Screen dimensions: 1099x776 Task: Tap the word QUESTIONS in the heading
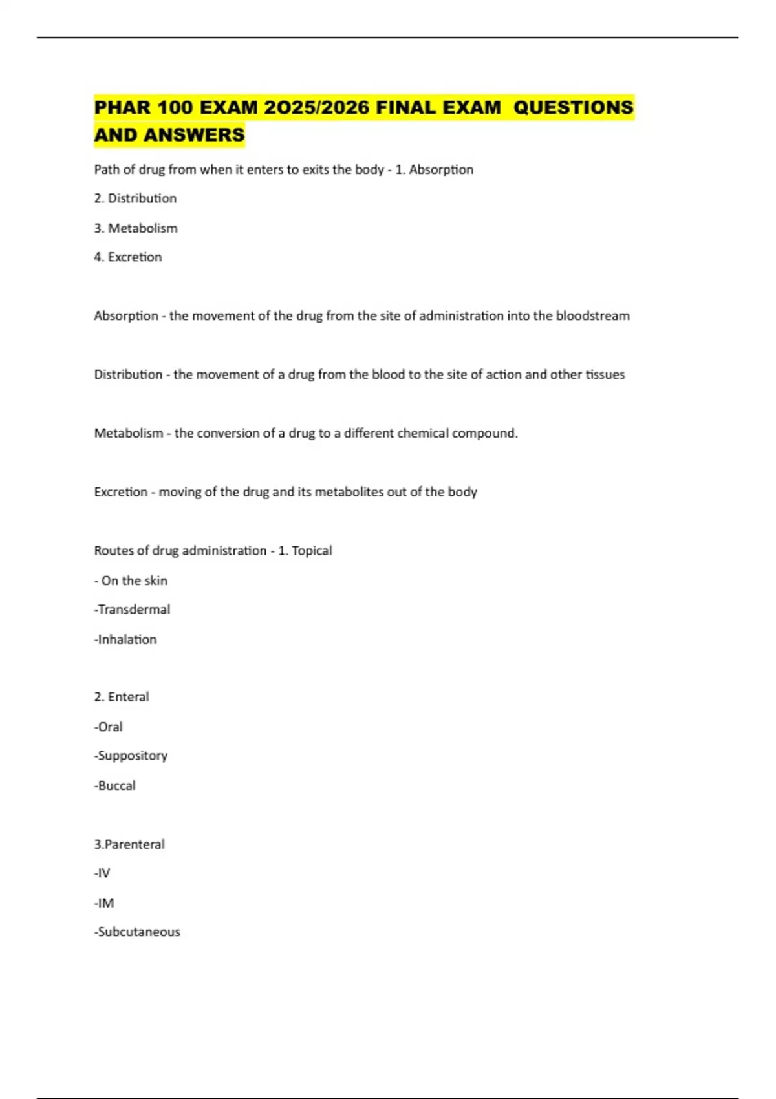coord(573,107)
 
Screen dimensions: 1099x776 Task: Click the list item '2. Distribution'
coord(135,198)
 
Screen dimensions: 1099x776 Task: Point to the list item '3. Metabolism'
coord(136,228)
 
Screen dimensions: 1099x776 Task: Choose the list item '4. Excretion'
coord(128,257)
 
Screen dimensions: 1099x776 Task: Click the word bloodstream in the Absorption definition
coord(592,316)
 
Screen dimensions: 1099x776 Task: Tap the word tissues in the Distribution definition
coord(605,375)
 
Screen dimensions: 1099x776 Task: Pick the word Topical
coord(312,551)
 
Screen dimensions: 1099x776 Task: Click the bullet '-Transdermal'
coord(133,610)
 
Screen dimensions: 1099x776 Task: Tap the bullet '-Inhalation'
coord(125,639)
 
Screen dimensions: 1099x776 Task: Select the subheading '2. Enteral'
coord(122,697)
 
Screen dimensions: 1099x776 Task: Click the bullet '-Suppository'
coord(131,756)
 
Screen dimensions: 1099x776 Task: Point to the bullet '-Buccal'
coord(115,785)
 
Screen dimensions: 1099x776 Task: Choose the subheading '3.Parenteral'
coord(129,844)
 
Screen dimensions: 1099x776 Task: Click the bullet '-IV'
coord(102,873)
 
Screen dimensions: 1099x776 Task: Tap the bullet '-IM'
coord(104,903)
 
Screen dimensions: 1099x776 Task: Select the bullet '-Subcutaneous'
coord(137,932)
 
